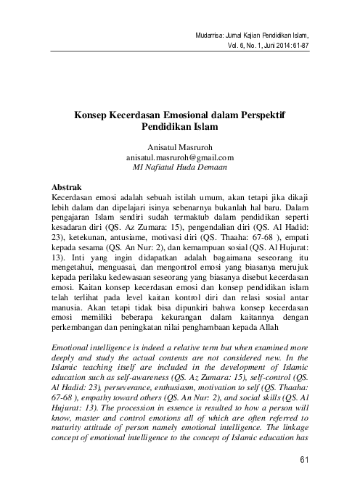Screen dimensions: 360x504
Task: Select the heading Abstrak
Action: pyautogui.click(x=71, y=186)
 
